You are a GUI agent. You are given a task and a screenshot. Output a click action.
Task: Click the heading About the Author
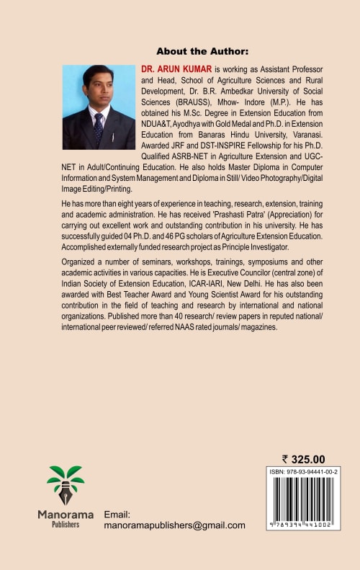point(202,51)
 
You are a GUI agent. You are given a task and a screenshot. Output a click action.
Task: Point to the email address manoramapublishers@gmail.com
point(175,526)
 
